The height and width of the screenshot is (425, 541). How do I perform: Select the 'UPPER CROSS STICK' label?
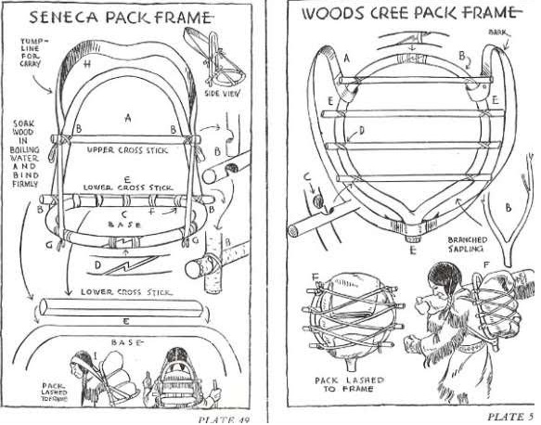pos(125,148)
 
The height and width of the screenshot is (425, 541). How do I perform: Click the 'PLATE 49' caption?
pos(226,418)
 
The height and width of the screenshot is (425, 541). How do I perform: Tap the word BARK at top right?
pos(498,32)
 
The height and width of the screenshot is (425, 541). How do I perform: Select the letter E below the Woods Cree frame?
pos(412,250)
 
